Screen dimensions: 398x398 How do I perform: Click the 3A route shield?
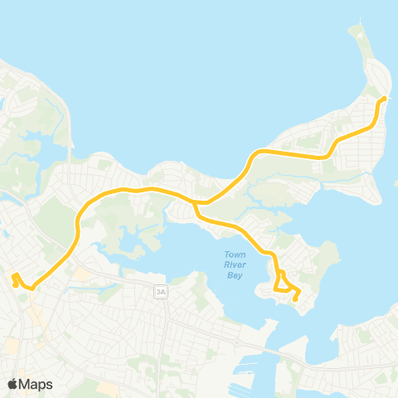pos(160,291)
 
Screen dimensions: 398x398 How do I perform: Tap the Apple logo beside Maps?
pos(12,384)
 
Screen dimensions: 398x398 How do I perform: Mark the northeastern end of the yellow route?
pos(385,99)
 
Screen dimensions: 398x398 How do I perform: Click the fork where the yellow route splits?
pos(195,201)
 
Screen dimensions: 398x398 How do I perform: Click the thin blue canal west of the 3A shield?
pos(116,285)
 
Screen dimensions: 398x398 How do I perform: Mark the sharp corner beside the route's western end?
pos(31,289)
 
